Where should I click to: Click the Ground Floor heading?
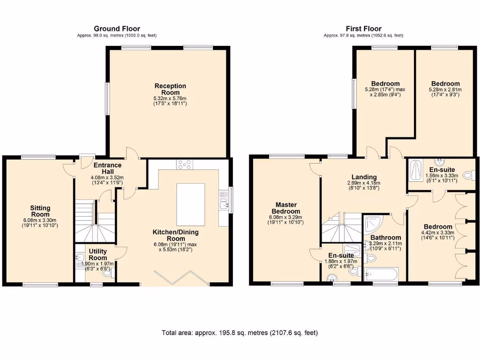click(117, 29)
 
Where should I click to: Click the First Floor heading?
click(363, 29)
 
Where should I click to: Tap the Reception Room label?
click(170, 89)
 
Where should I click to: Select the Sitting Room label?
click(40, 211)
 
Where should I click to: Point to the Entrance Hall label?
click(107, 168)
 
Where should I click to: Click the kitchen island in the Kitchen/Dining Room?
click(190, 205)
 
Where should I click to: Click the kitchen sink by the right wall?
click(223, 202)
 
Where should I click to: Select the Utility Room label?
click(97, 255)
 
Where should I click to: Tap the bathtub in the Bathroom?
click(381, 274)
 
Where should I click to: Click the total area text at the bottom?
click(240, 333)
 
